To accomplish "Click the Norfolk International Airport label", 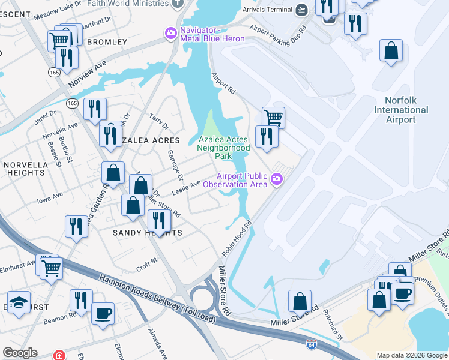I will click(x=401, y=110).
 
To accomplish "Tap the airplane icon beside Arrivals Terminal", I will click(x=301, y=10).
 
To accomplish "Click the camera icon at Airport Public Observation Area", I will click(x=277, y=179).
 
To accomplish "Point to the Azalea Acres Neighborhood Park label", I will click(x=223, y=148).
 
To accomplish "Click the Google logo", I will click(x=20, y=353).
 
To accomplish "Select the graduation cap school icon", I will click(x=19, y=302).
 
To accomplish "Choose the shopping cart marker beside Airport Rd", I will click(x=273, y=117).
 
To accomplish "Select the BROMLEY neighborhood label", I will click(x=107, y=42).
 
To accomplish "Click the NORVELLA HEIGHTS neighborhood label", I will click(x=25, y=169).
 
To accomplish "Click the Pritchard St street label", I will click(x=332, y=324).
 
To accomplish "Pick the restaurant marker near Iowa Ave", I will click(x=76, y=226).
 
